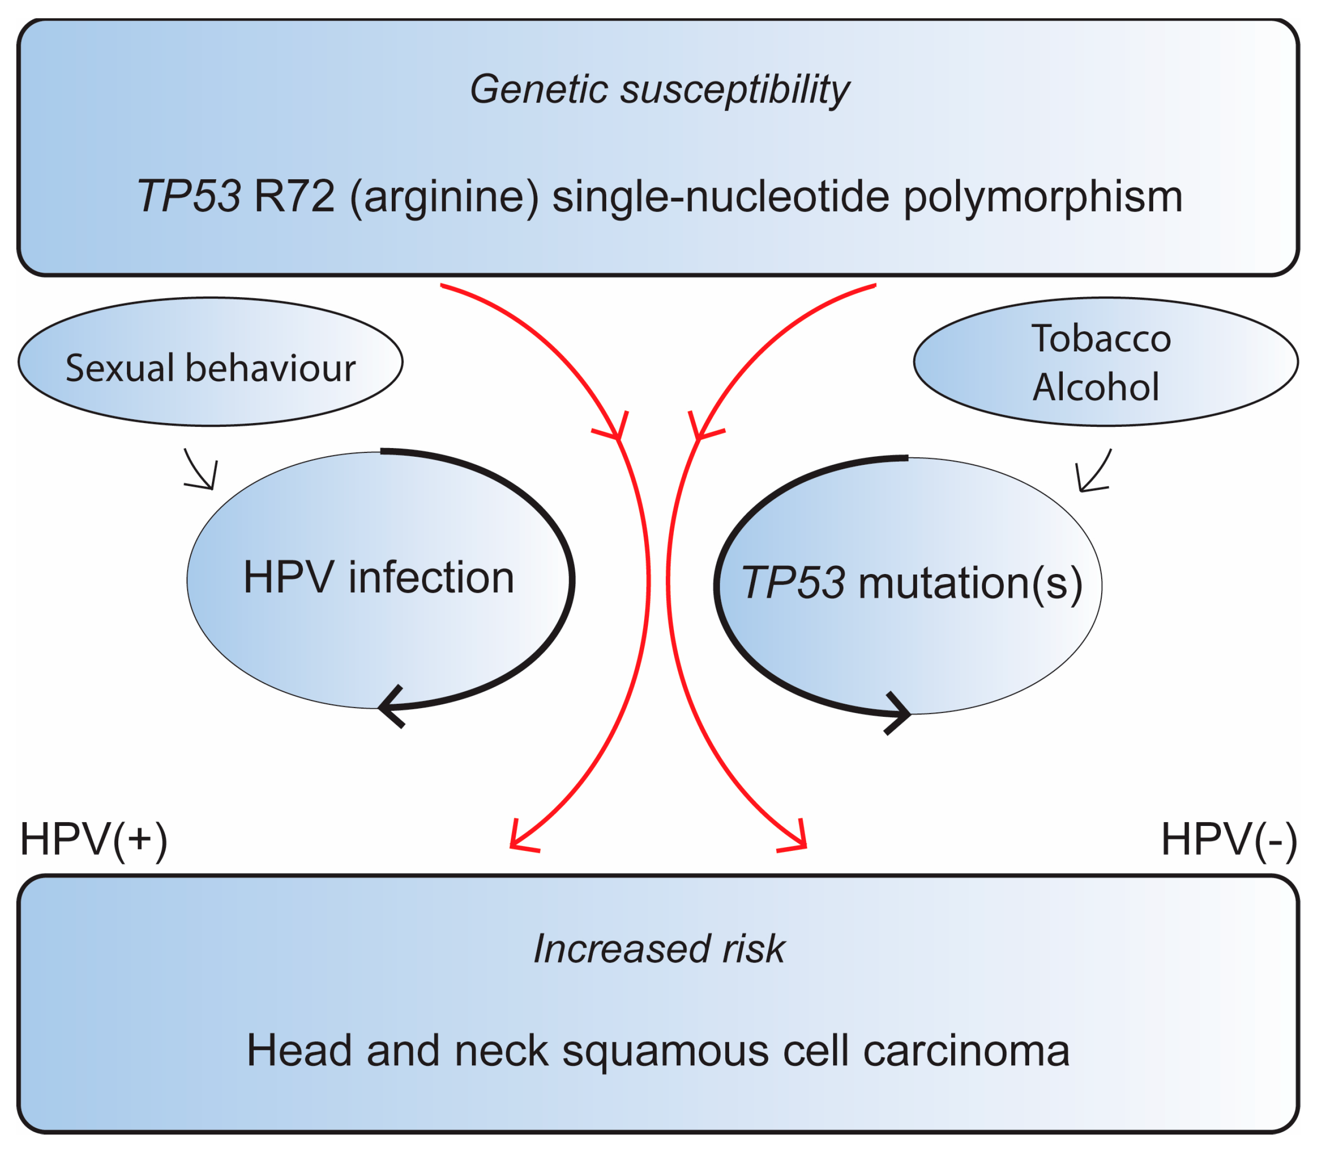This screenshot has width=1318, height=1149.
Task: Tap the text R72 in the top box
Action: point(294,196)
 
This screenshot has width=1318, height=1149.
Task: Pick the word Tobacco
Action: point(1101,338)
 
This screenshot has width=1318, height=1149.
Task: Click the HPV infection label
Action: point(378,577)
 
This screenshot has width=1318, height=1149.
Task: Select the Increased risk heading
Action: point(659,949)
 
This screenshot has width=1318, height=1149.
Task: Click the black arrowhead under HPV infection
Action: point(391,707)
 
